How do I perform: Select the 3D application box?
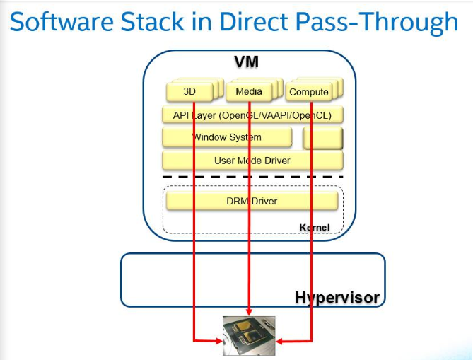click(189, 92)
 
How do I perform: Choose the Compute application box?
click(309, 92)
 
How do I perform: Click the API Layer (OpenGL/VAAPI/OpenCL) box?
click(252, 115)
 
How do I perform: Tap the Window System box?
click(227, 137)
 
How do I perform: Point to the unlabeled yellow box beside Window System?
click(323, 139)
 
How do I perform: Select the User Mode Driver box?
click(252, 161)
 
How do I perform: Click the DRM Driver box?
click(252, 201)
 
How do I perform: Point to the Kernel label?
click(315, 227)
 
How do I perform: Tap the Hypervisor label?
click(337, 298)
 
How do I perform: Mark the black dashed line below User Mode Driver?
click(252, 177)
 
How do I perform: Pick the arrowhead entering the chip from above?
click(249, 311)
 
